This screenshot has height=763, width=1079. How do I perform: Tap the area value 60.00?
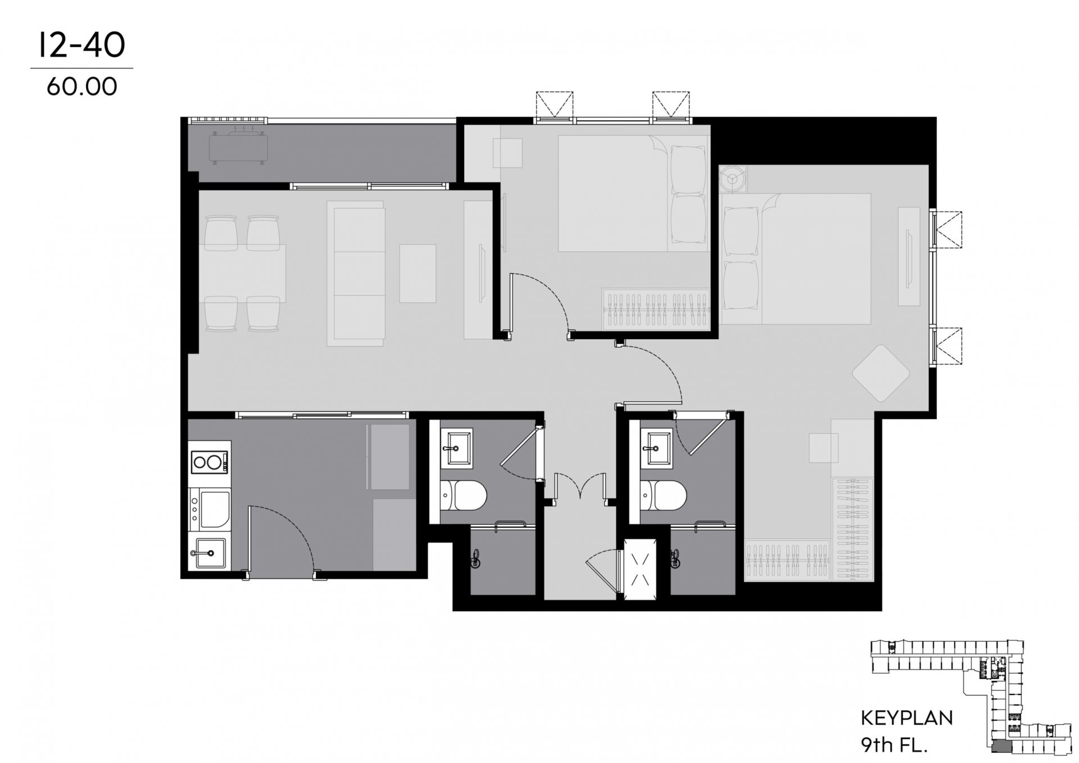coord(82,87)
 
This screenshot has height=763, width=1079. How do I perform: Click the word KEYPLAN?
coord(907,718)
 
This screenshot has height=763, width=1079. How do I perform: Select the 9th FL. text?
coord(894,745)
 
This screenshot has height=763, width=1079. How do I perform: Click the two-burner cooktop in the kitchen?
coord(210,462)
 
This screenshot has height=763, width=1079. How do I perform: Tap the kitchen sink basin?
coord(210,553)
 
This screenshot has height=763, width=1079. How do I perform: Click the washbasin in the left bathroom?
coord(456,448)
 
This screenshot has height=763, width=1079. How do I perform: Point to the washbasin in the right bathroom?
coord(656,448)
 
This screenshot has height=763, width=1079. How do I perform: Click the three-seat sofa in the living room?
coord(357,276)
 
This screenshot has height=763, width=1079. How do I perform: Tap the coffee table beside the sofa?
coord(418,274)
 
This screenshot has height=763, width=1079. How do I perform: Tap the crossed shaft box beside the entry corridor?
coord(640,569)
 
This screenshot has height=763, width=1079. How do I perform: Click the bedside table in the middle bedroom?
coord(507,152)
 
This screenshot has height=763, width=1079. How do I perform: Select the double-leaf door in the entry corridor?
coord(581,488)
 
